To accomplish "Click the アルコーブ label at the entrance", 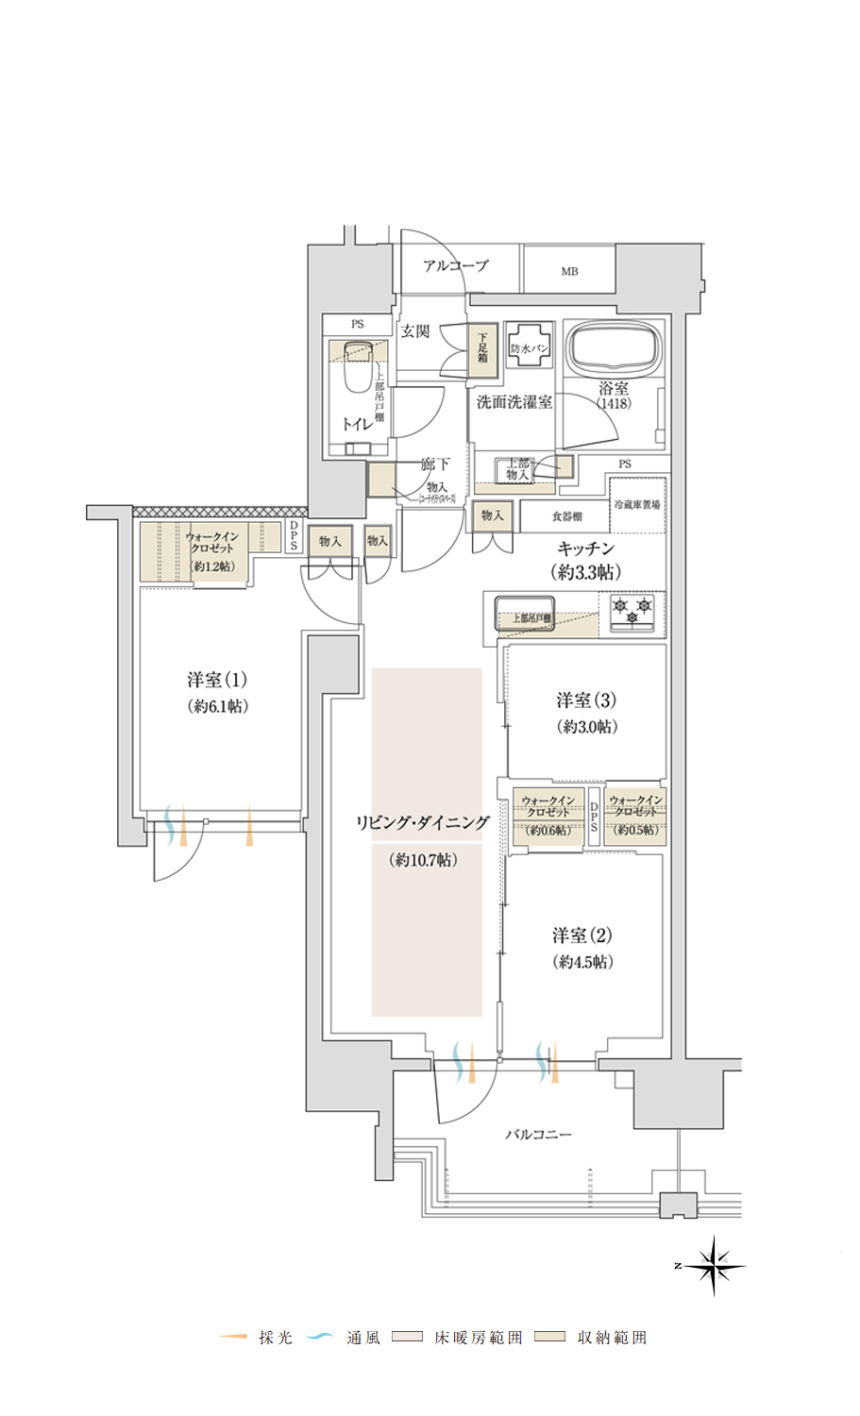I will pos(456,266).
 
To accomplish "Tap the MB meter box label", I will pos(569,272).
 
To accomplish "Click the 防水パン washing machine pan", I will pos(529,348).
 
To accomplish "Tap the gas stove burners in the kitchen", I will pos(632,611).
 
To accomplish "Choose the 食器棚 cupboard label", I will pos(566,516).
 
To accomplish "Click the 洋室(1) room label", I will pos(217,680).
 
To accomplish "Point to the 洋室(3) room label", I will pos(586,700).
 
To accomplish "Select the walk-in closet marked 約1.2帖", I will pos(211,551).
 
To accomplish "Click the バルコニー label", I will pos(538,1134).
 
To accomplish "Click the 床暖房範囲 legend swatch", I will pos(408,1337).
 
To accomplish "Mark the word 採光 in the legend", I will pos(276,1338).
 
